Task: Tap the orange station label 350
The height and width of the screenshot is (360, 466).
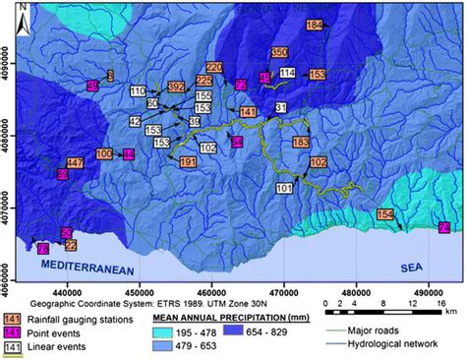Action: click(279, 52)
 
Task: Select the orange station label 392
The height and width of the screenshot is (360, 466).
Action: click(176, 88)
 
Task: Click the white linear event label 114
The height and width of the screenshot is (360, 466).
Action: click(287, 73)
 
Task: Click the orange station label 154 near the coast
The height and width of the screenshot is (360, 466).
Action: click(384, 214)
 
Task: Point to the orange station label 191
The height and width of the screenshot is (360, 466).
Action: click(190, 161)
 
